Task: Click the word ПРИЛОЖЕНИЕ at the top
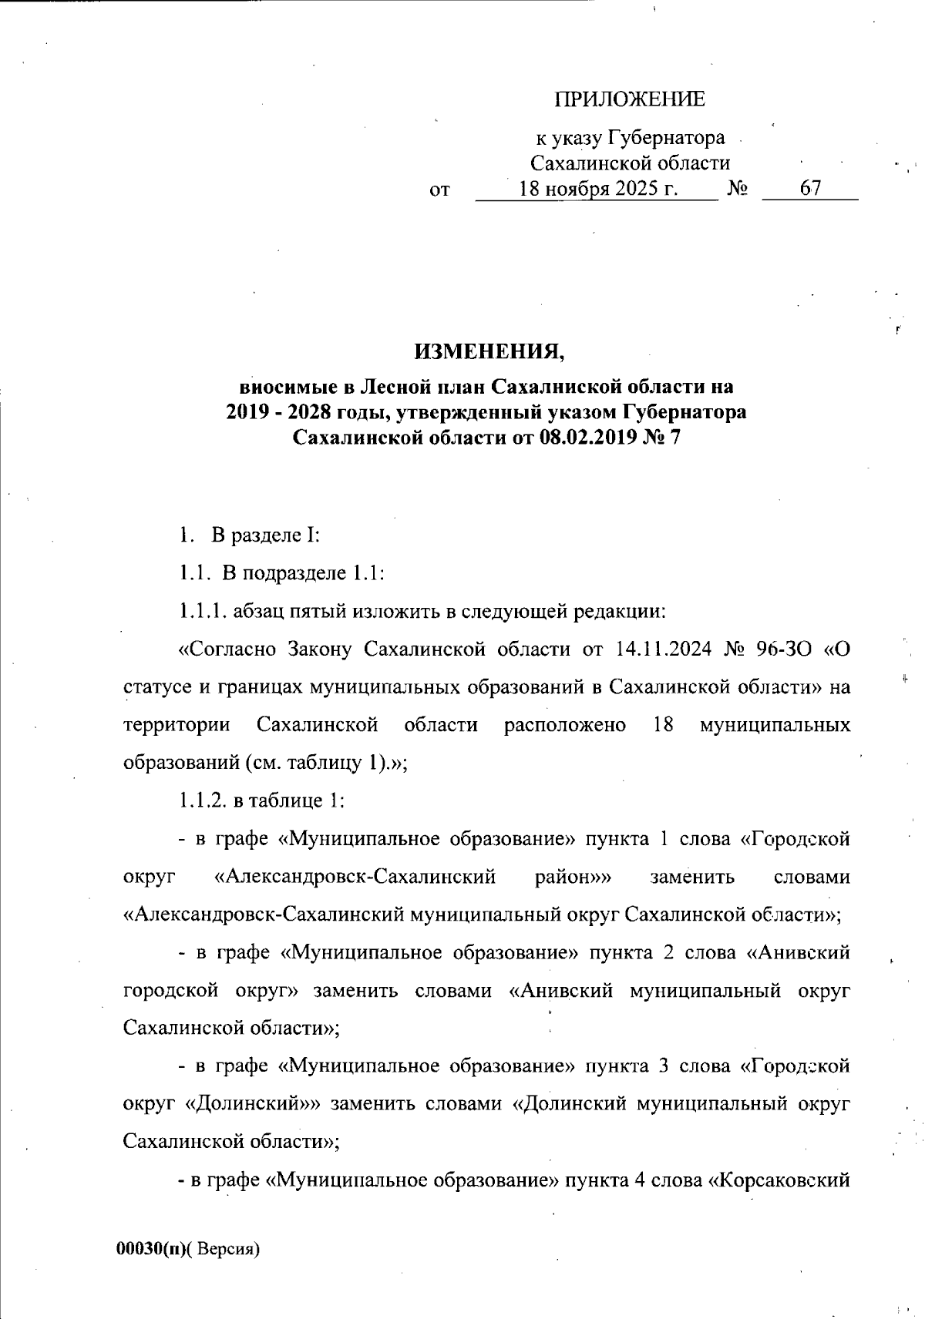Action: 630,100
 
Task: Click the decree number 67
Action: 811,188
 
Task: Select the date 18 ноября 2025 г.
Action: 599,188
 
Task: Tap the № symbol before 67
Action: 737,189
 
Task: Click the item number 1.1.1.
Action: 203,613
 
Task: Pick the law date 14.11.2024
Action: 661,649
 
